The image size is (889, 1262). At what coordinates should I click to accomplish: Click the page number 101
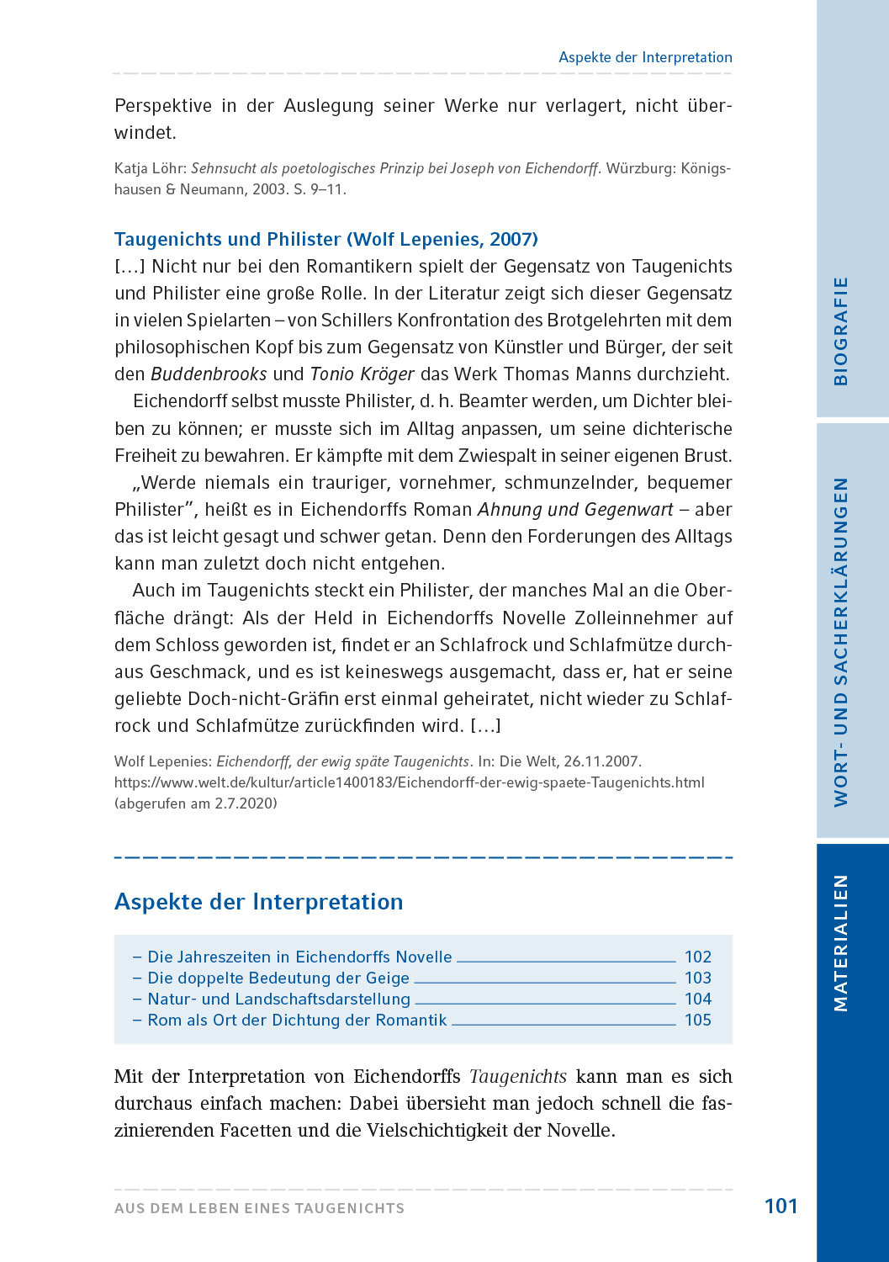[x=781, y=1206]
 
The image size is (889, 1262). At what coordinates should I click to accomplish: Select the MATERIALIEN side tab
[x=840, y=942]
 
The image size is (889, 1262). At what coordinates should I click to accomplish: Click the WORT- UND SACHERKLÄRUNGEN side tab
[x=840, y=642]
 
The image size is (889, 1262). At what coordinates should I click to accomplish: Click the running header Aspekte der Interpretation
[x=645, y=57]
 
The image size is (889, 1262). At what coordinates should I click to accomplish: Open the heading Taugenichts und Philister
[x=325, y=239]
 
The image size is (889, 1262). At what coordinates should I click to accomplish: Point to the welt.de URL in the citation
[x=409, y=782]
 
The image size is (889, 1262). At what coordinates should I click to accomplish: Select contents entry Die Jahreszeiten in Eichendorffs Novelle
[x=299, y=957]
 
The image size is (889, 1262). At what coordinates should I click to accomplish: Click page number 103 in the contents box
[x=697, y=978]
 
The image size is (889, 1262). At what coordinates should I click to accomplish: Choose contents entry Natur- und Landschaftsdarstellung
[x=278, y=999]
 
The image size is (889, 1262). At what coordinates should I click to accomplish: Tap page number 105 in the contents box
[x=697, y=1020]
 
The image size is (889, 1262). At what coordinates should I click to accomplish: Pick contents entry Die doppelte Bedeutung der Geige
[x=278, y=978]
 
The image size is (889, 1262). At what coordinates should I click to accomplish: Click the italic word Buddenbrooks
[x=209, y=374]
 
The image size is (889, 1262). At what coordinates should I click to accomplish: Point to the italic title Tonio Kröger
[x=362, y=374]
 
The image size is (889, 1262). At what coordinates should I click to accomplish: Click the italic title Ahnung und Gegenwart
[x=575, y=510]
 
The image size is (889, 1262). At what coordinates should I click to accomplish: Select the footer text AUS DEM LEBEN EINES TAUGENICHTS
[x=259, y=1208]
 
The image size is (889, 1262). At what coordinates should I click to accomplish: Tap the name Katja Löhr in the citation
[x=150, y=168]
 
